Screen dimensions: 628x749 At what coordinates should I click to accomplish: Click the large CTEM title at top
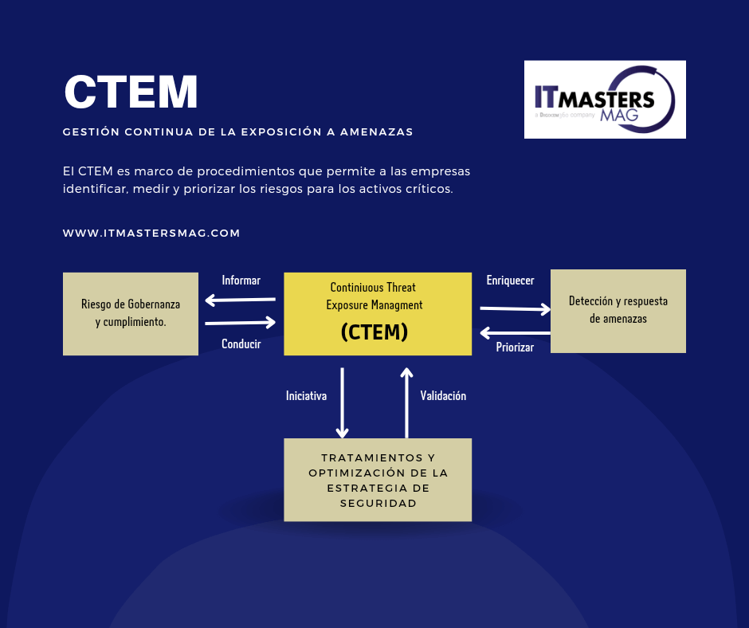(x=131, y=92)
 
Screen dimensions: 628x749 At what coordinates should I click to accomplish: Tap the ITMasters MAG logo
(x=605, y=100)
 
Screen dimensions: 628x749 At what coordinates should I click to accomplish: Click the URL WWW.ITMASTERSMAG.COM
(x=151, y=234)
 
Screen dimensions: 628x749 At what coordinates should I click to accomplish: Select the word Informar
(x=241, y=281)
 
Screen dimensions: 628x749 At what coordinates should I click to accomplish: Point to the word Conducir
(x=241, y=344)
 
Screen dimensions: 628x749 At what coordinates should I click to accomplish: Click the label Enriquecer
(x=510, y=281)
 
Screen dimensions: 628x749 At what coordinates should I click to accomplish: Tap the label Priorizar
(x=515, y=347)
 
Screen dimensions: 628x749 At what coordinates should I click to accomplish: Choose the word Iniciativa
(x=306, y=395)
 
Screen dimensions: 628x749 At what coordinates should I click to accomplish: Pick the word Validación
(x=443, y=395)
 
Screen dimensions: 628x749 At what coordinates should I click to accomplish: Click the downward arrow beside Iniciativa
(x=342, y=402)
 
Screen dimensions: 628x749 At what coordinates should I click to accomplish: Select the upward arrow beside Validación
(x=406, y=402)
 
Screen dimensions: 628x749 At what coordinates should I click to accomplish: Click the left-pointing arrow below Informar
(x=240, y=300)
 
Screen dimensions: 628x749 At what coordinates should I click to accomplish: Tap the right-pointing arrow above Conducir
(x=240, y=323)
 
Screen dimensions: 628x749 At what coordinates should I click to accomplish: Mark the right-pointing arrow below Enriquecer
(x=516, y=308)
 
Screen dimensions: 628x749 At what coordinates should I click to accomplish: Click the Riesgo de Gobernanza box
(x=131, y=313)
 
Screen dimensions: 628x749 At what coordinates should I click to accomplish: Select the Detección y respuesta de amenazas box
(x=618, y=310)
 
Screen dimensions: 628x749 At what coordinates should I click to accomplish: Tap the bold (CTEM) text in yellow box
(x=374, y=332)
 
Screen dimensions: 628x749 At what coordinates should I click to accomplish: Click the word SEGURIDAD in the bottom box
(x=378, y=504)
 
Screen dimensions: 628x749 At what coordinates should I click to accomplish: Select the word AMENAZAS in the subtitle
(x=376, y=132)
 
